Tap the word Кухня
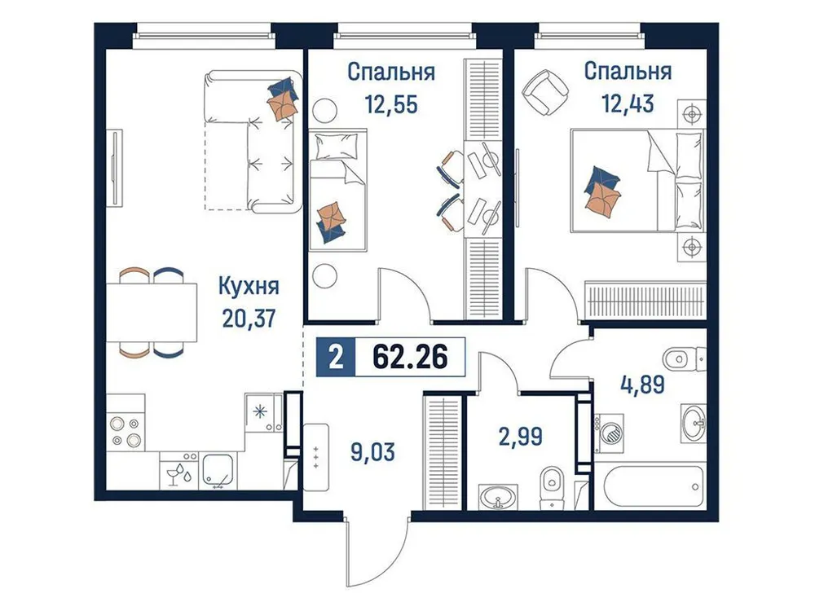point(249,287)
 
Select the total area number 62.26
point(410,358)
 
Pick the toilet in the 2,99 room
point(552,486)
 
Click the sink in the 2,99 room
point(494,495)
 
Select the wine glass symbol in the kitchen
point(174,473)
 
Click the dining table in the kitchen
point(154,312)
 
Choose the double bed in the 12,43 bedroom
point(636,179)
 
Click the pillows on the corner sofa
point(282,98)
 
